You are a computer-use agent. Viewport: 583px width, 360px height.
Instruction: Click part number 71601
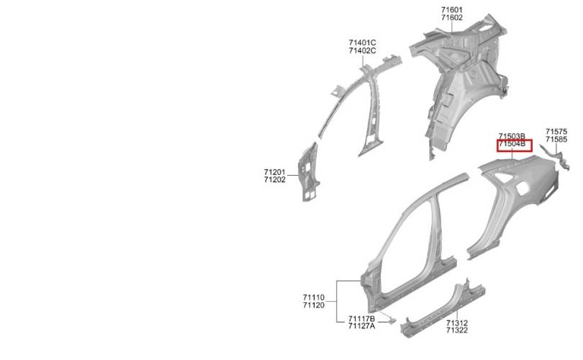point(452,10)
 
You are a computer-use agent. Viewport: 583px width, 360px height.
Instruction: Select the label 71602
point(452,18)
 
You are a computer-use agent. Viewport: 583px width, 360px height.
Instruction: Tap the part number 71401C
point(362,42)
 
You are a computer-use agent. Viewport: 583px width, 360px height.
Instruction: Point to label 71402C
point(362,50)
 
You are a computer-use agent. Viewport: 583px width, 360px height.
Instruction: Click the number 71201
point(275,172)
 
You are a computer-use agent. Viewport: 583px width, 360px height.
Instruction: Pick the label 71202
point(275,179)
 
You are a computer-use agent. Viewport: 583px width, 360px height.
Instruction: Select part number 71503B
point(512,137)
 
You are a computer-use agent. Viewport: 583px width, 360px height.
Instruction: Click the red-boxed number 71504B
point(512,144)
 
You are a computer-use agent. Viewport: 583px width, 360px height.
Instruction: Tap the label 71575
point(556,132)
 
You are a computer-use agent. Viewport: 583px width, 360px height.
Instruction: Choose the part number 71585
point(556,140)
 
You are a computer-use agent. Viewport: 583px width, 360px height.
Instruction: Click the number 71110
point(313,297)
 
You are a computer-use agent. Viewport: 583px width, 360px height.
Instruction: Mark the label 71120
point(313,305)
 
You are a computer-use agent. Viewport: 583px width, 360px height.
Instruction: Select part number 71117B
point(361,319)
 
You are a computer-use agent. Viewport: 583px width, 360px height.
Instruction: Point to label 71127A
point(361,326)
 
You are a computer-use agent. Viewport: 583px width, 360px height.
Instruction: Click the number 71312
point(457,323)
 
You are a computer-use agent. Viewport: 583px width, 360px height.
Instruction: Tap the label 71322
point(457,330)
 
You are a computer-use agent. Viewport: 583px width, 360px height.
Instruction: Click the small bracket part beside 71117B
point(390,320)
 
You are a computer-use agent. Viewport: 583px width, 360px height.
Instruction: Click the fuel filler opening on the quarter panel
point(523,189)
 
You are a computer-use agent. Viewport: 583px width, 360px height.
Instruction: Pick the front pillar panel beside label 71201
point(308,173)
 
